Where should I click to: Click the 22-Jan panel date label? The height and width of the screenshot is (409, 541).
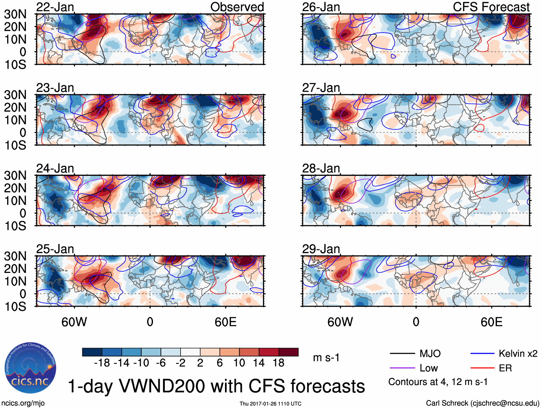click(55, 7)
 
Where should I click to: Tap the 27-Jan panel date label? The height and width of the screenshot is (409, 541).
click(321, 88)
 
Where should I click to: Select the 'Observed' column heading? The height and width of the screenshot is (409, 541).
click(237, 7)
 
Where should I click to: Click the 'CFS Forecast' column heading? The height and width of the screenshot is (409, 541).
click(491, 7)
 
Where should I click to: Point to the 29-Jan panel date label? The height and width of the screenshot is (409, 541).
click(321, 249)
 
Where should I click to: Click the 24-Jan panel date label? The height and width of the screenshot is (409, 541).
click(55, 168)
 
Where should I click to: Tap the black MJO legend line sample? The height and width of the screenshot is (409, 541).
click(402, 354)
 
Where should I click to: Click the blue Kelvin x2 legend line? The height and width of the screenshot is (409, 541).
click(482, 354)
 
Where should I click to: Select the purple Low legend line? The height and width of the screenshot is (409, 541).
click(402, 368)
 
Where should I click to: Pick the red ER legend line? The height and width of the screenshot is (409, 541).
click(482, 368)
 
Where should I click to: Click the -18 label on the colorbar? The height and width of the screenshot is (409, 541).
click(102, 363)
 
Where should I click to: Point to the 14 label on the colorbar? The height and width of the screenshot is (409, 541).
click(259, 363)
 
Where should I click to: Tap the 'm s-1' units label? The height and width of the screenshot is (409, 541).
click(326, 357)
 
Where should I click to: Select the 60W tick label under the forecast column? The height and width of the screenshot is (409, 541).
click(340, 322)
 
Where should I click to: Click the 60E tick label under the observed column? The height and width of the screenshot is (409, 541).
click(225, 322)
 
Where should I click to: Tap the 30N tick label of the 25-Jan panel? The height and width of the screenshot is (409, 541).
click(15, 256)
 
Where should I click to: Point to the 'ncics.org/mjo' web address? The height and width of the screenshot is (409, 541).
click(23, 403)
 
